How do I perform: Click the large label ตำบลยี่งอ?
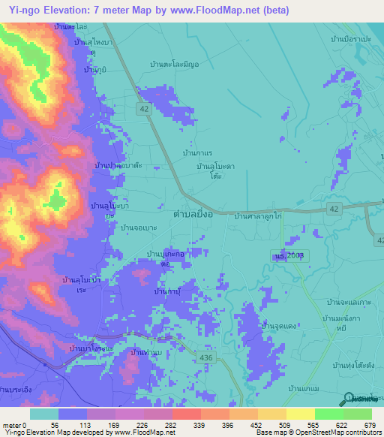point(198,213)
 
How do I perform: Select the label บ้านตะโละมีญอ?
point(174,65)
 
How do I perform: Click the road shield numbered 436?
point(205,359)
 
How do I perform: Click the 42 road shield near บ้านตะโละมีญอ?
point(143,109)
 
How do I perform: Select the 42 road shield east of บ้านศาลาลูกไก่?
point(334,208)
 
